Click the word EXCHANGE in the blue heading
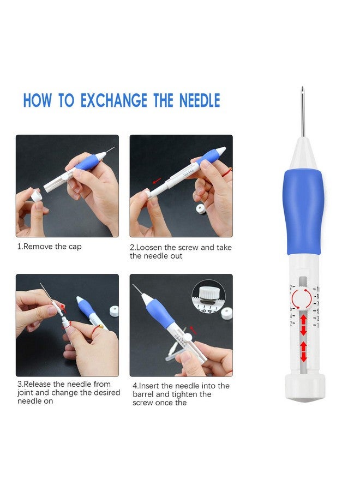coord(114,100)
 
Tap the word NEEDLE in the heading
coord(200,100)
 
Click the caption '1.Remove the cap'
coord(49,247)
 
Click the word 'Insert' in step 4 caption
coord(149,386)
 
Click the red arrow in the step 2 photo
coord(157,181)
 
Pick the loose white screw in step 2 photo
coord(200,208)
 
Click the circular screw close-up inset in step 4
coord(209,296)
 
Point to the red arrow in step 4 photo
coord(193,330)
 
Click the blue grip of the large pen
coord(302,212)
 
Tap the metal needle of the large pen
coord(302,112)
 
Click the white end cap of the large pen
coord(305,387)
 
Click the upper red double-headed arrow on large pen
coord(303,325)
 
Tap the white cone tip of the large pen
coord(302,154)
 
